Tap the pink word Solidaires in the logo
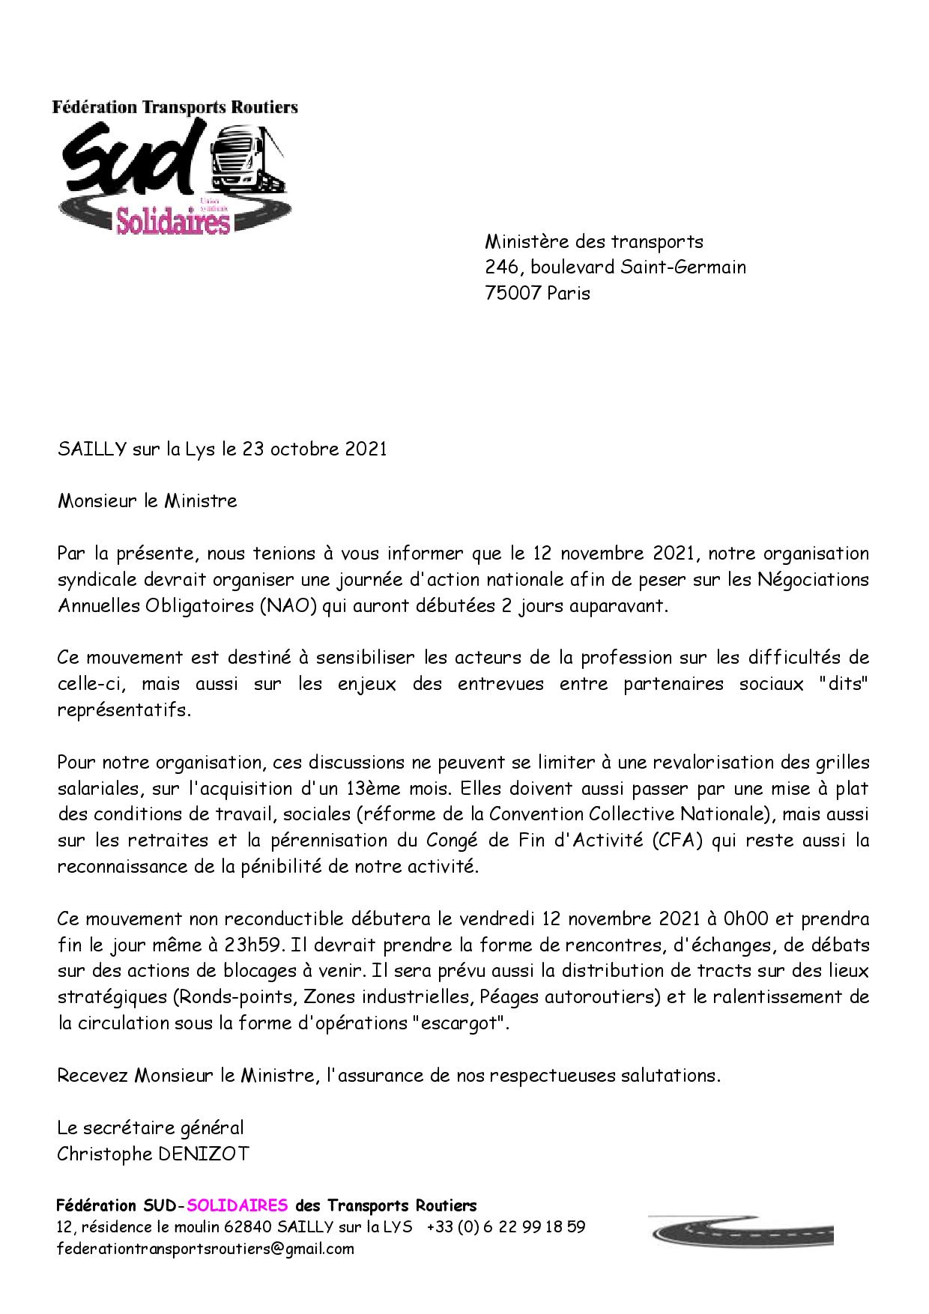point(172,221)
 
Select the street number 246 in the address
point(501,267)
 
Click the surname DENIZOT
point(202,1154)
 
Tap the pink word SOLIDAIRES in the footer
point(237,1206)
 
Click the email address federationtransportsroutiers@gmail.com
point(205,1249)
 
